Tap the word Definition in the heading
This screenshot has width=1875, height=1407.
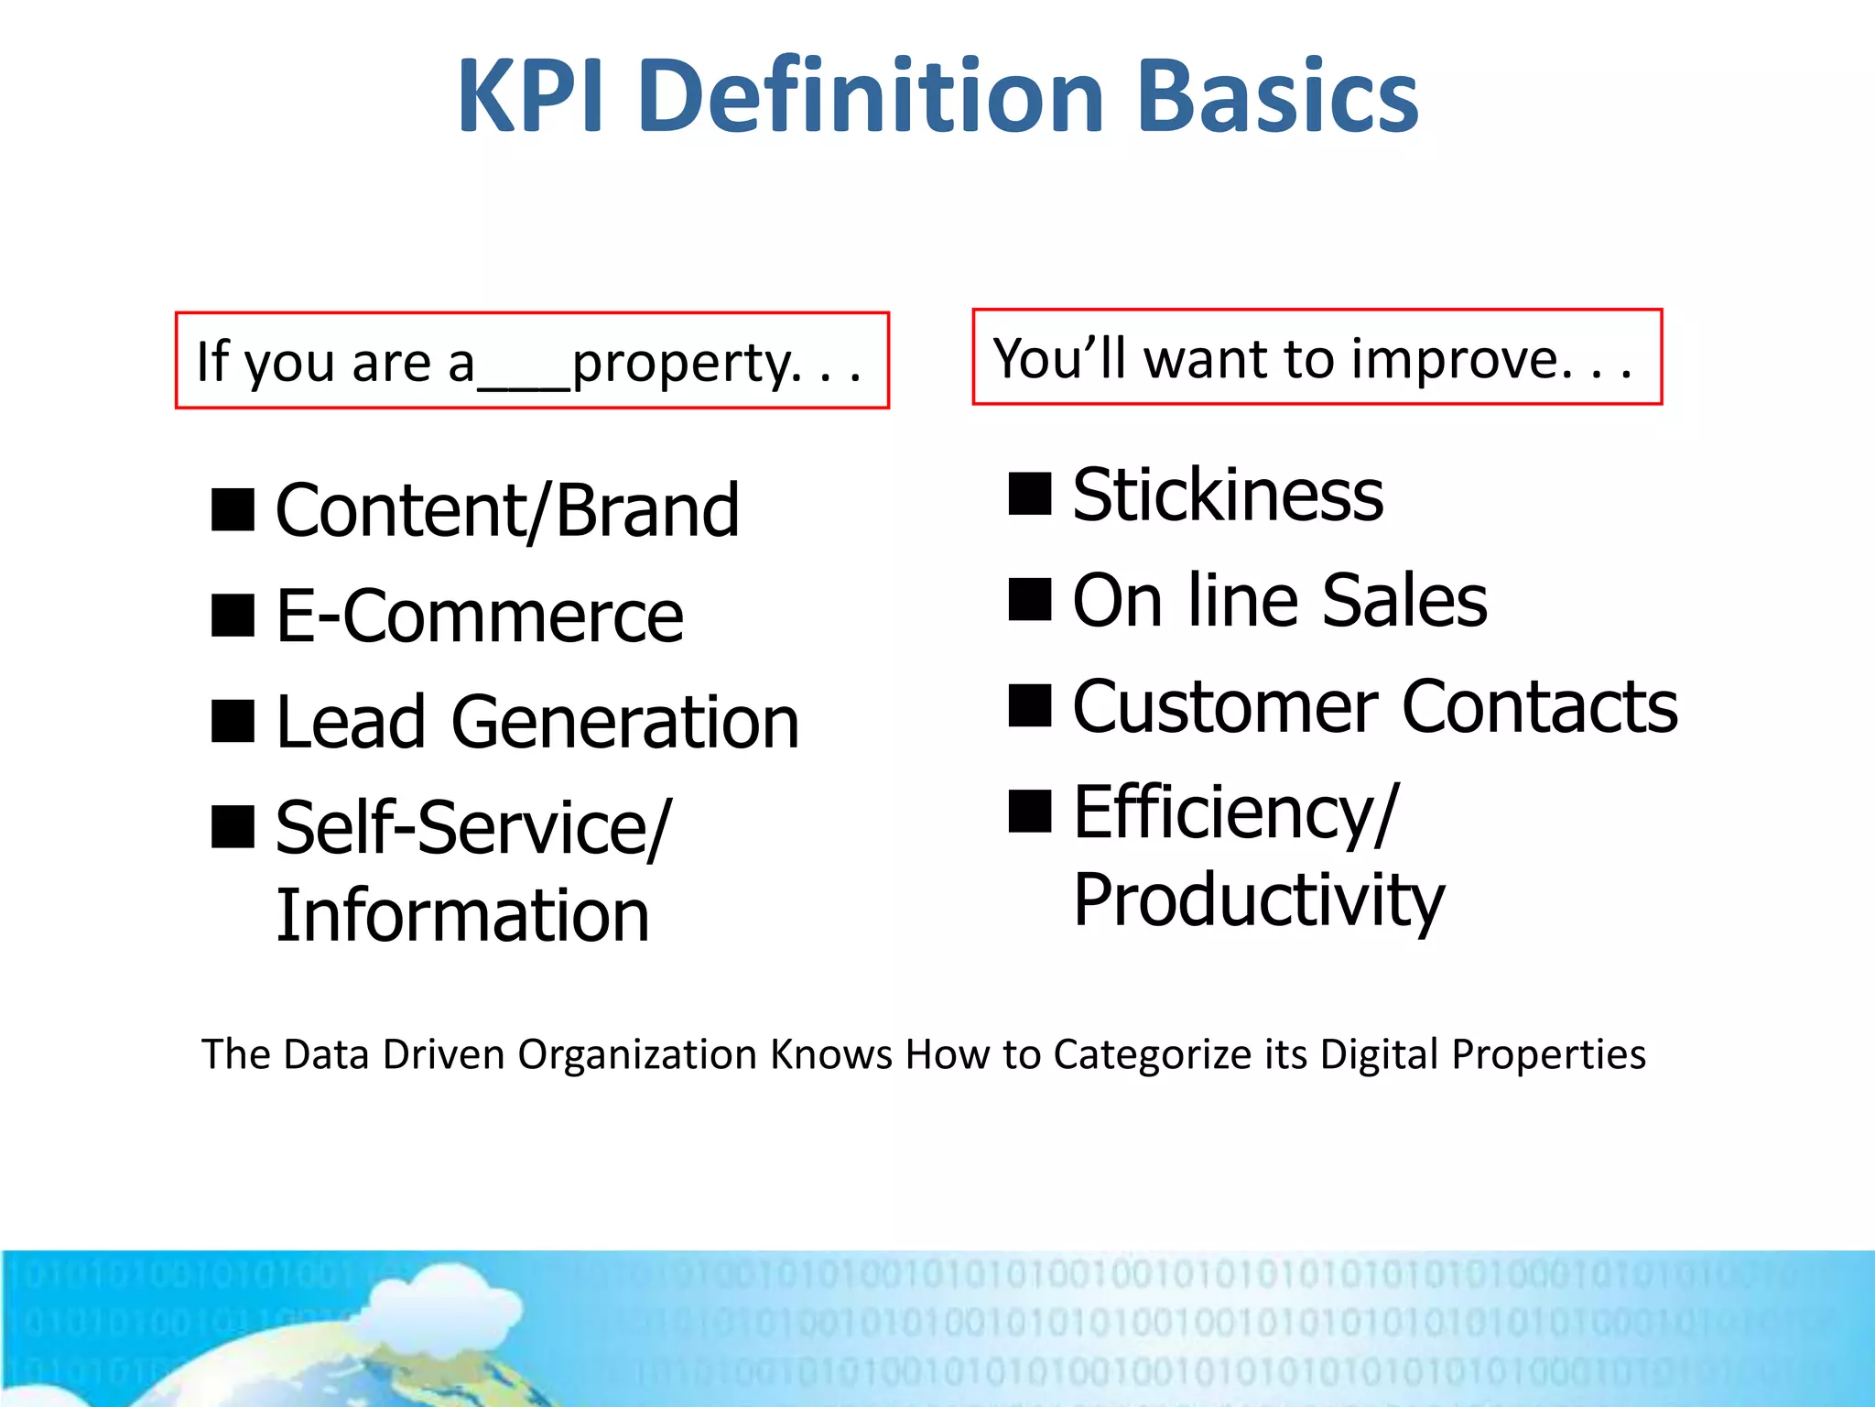870,96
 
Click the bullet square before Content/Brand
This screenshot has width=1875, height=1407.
233,510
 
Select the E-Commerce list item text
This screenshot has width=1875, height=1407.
479,616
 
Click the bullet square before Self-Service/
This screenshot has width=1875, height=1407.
233,827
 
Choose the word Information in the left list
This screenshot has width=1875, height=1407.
462,915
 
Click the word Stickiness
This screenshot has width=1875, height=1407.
1227,496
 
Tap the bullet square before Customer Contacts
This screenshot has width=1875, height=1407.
1029,706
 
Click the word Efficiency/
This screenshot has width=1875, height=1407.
1235,813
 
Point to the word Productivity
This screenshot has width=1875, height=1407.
1258,900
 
